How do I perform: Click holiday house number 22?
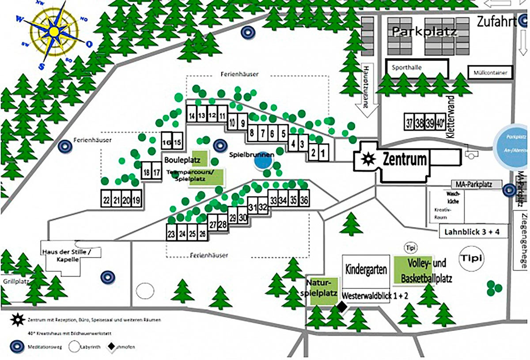point(106,200)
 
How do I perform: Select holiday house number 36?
point(304,200)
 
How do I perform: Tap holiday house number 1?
point(323,154)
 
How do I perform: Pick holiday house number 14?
point(192,116)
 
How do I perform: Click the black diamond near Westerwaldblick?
point(341,306)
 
